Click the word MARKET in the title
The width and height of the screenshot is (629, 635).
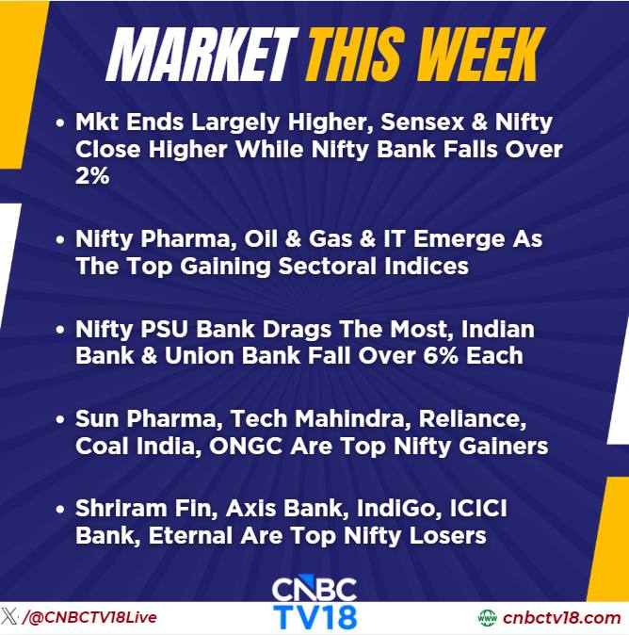click(202, 55)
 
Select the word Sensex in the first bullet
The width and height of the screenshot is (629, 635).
click(422, 122)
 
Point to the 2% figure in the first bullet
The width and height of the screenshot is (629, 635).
click(92, 176)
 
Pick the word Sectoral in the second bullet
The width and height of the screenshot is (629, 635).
click(328, 267)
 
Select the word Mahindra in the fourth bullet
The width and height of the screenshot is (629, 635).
click(349, 418)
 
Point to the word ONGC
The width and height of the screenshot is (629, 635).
click(246, 447)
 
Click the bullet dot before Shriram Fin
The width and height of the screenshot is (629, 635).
click(60, 509)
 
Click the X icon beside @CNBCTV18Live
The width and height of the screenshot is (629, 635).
click(8, 616)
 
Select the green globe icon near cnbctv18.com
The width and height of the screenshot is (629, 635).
click(488, 618)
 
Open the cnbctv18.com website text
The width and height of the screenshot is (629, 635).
click(562, 618)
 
